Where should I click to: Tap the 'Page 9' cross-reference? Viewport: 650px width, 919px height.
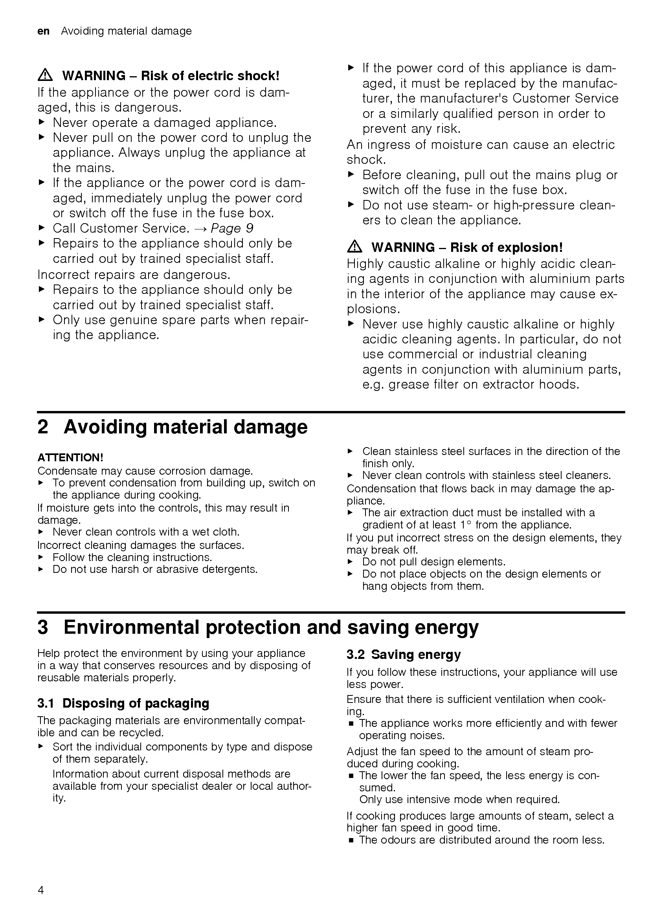[232, 228]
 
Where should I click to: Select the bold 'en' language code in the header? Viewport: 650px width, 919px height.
[43, 31]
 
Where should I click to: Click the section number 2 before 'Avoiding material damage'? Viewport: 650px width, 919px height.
[43, 427]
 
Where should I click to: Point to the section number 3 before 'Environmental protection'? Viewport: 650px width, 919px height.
[43, 627]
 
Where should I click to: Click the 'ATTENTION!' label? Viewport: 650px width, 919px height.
[70, 457]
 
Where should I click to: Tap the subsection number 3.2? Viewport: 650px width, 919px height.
[355, 655]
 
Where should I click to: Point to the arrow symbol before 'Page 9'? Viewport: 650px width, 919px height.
[200, 229]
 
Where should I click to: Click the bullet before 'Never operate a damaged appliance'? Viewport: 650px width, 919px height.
[41, 122]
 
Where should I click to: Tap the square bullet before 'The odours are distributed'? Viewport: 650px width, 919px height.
[351, 840]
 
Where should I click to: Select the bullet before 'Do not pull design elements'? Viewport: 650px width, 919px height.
[350, 561]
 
